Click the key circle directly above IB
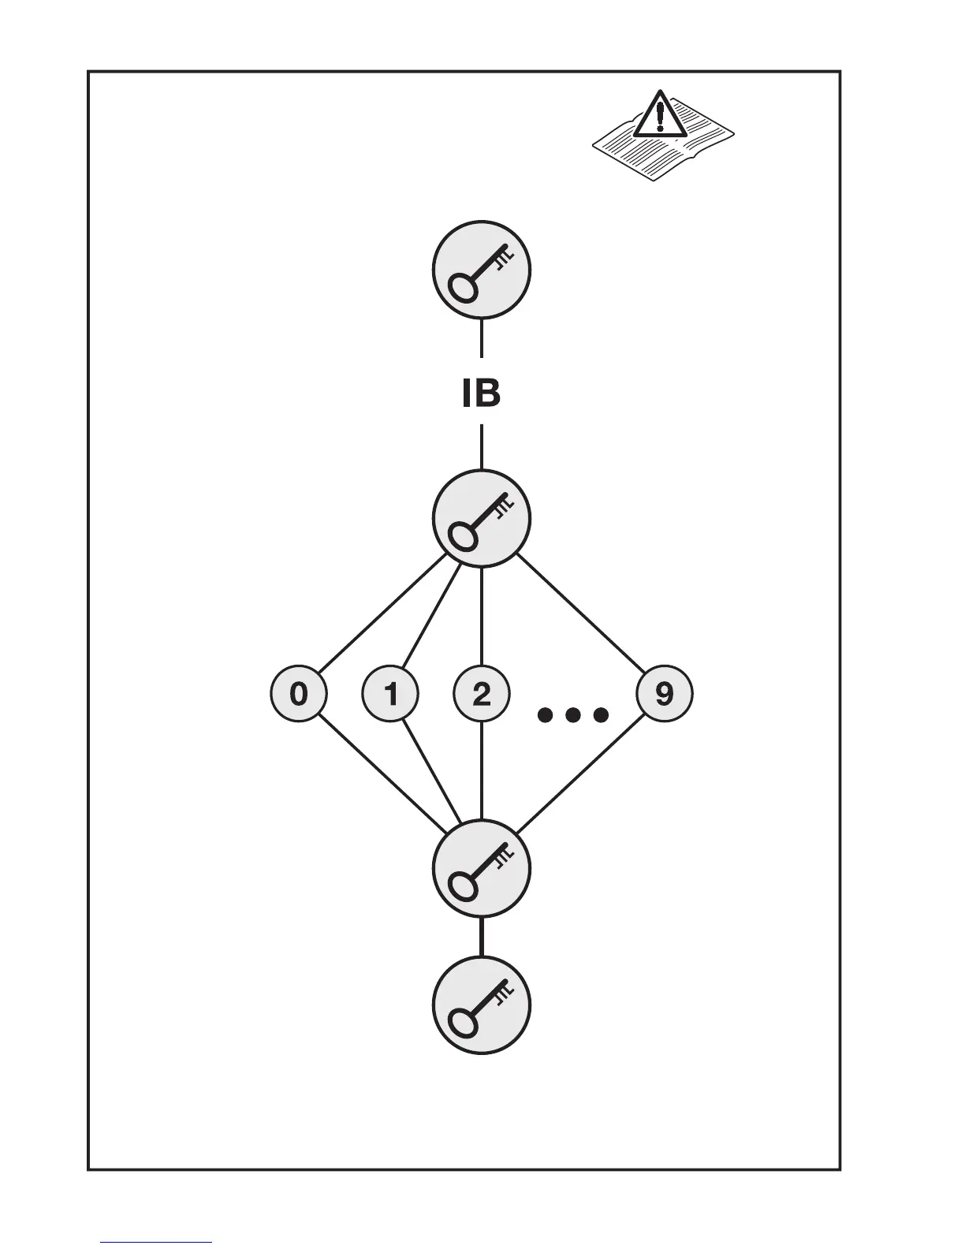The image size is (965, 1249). (x=481, y=270)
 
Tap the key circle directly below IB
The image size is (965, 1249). (x=481, y=518)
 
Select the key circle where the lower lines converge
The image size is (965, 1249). (x=481, y=868)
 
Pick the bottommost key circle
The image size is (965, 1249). (x=481, y=1005)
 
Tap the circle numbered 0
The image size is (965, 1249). (x=299, y=695)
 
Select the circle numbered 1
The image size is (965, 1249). (x=390, y=695)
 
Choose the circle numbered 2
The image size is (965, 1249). (x=482, y=695)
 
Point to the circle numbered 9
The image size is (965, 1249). (x=665, y=695)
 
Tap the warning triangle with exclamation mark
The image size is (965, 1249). (x=661, y=115)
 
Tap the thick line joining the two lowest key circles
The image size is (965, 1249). (x=482, y=936)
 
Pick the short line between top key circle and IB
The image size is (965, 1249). (x=482, y=338)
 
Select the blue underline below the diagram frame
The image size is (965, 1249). (x=156, y=1242)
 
